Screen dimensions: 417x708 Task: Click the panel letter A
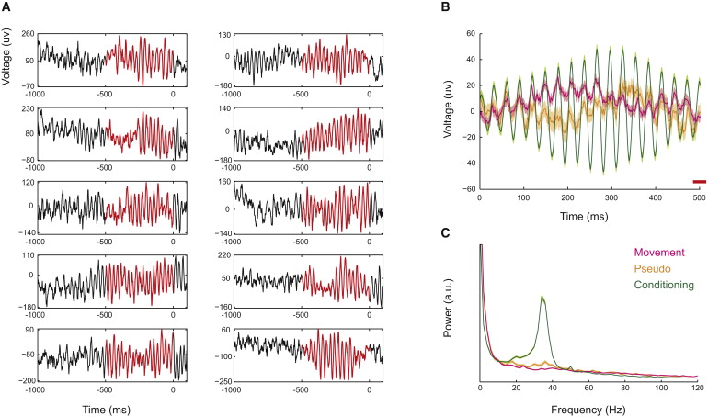(7, 8)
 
